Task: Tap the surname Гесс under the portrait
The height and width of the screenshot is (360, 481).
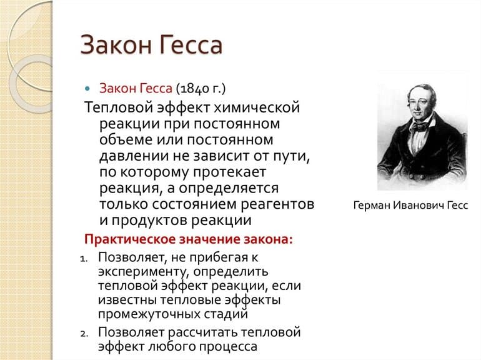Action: click(x=457, y=205)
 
